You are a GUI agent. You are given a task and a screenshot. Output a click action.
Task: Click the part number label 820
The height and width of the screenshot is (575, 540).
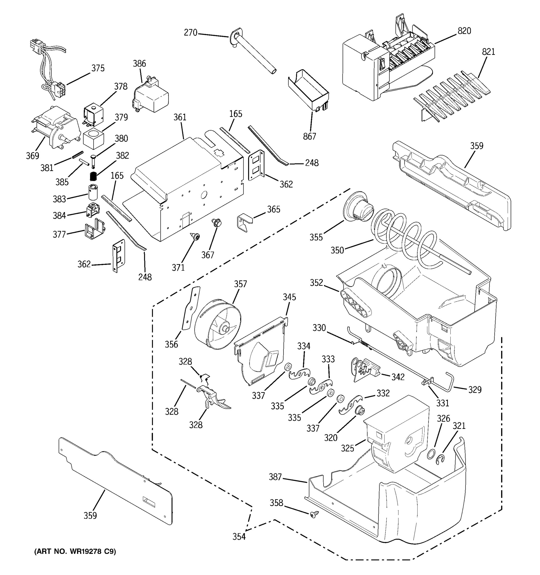click(x=464, y=31)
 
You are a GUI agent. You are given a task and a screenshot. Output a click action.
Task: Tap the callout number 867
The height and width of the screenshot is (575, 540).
click(x=309, y=136)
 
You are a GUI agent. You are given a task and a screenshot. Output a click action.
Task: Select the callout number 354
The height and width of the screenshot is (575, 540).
click(x=239, y=536)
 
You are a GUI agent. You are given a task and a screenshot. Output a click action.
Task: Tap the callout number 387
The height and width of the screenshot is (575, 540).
click(x=275, y=477)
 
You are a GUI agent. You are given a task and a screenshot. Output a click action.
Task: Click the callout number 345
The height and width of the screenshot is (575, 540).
click(x=289, y=297)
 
